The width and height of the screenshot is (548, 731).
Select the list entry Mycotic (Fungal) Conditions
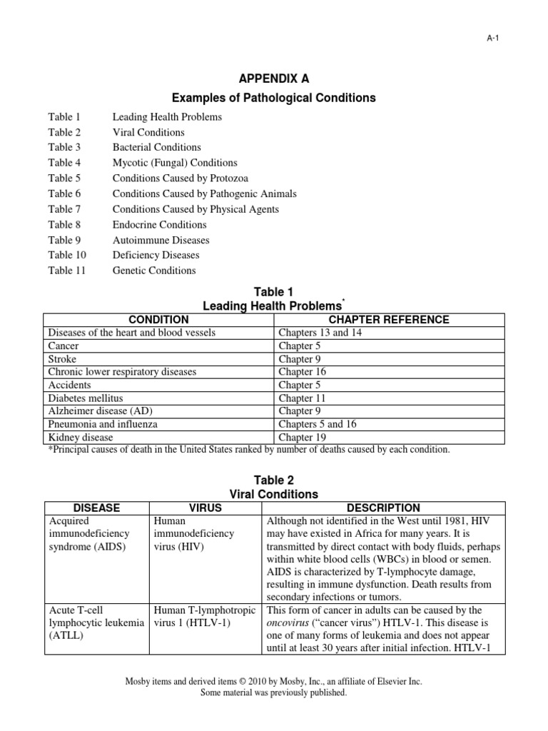[175, 163]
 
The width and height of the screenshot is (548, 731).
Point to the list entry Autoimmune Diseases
[161, 240]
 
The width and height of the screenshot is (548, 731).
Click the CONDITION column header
[158, 319]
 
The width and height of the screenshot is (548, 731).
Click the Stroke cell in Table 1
[62, 359]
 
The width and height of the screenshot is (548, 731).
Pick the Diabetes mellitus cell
[85, 398]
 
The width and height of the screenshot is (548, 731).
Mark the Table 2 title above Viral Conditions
[273, 480]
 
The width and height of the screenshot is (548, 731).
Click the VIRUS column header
[205, 508]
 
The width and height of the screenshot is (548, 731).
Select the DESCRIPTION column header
[383, 508]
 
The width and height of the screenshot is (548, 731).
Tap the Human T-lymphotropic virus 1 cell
[205, 617]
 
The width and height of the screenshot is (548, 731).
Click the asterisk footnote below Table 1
[249, 450]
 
